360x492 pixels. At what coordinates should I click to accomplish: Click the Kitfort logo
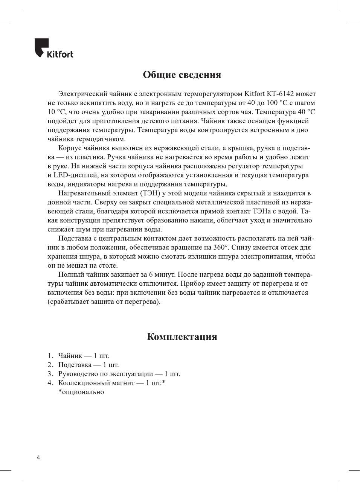coord(54,49)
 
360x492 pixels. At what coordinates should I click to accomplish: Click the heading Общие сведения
coord(182,75)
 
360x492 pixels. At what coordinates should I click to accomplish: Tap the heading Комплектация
coord(182,337)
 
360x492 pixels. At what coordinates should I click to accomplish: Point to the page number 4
coord(38,457)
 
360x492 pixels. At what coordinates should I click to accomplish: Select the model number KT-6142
coord(280,94)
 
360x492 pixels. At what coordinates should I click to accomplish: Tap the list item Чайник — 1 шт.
coord(84,356)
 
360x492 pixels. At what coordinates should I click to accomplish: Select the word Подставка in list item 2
coord(75,365)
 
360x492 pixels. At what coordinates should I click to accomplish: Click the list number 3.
coord(50,374)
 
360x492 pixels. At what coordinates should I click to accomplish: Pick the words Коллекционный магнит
coord(96,383)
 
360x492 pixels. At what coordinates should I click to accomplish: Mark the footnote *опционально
coord(81,392)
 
